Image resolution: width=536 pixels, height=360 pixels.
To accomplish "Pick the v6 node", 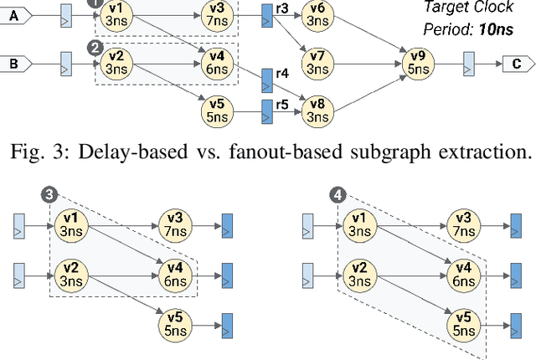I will [x=317, y=15].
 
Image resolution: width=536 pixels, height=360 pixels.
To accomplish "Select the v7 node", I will [x=317, y=62].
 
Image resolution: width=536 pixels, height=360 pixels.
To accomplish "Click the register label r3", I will [x=282, y=8].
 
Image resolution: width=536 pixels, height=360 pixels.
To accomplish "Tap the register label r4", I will [x=282, y=73].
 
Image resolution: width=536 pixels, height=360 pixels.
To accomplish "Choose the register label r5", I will [x=282, y=105].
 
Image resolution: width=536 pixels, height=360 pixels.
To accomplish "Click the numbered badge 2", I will [x=95, y=48].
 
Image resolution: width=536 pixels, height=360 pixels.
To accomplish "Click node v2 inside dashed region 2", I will [x=118, y=62].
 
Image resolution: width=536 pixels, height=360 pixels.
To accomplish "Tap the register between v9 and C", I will [x=469, y=62].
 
